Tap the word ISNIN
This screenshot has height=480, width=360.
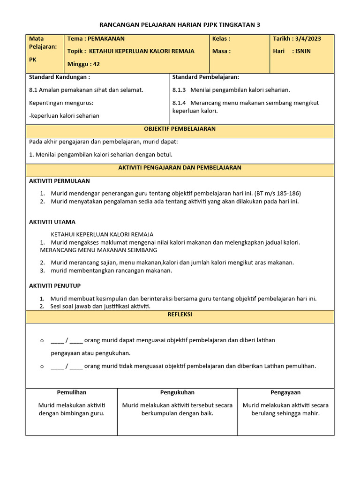click(x=303, y=52)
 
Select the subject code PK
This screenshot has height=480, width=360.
click(x=33, y=60)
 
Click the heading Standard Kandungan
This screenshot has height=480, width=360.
click(x=60, y=77)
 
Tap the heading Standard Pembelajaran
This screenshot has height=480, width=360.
click(x=206, y=77)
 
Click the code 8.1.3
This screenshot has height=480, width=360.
click(x=180, y=90)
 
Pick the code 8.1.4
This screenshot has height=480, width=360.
click(x=180, y=103)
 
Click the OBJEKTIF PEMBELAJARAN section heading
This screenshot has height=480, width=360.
click(x=180, y=129)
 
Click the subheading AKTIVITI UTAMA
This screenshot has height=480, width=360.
click(x=52, y=222)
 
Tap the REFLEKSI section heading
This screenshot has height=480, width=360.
click(x=180, y=315)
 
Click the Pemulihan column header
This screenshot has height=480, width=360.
click(x=72, y=392)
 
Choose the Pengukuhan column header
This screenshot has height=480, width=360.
click(x=177, y=392)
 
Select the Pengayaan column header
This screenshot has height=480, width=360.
click(x=285, y=392)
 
